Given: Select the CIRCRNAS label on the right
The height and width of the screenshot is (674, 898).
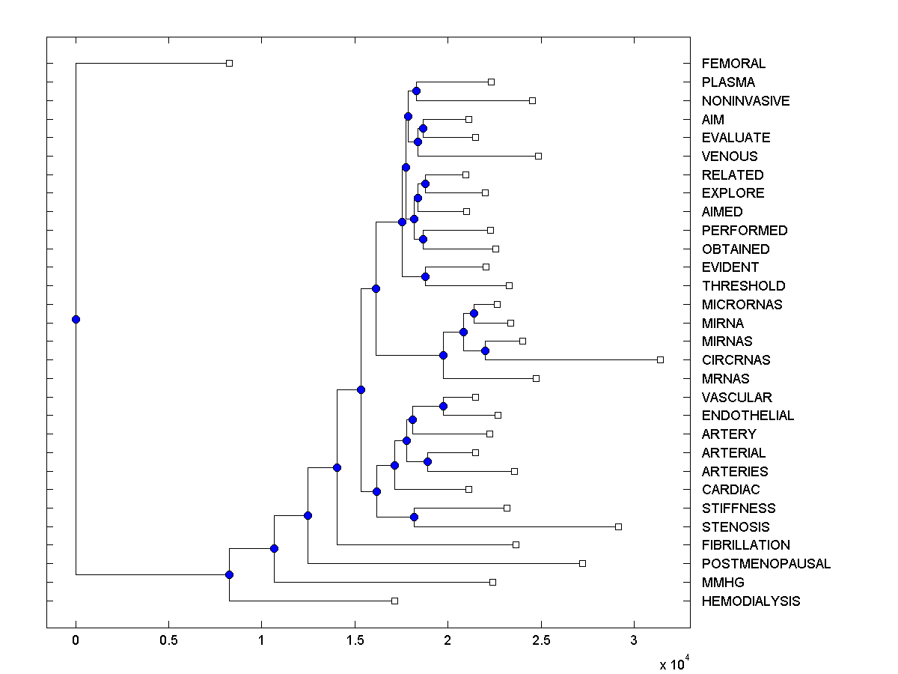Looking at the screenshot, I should pyautogui.click(x=736, y=359).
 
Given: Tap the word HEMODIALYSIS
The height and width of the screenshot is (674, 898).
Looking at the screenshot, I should pyautogui.click(x=751, y=601).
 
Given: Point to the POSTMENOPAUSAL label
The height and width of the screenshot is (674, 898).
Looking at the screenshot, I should pyautogui.click(x=766, y=564).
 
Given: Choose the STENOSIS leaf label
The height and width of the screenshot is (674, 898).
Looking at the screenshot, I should pyautogui.click(x=735, y=526).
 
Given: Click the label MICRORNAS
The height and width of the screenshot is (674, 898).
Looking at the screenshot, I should pyautogui.click(x=742, y=304).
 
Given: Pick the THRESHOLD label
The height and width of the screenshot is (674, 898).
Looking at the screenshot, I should pyautogui.click(x=743, y=286).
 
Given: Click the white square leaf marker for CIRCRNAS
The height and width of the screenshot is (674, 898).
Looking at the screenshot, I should pyautogui.click(x=660, y=359).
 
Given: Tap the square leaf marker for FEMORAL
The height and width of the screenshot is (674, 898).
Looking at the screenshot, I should pyautogui.click(x=230, y=63).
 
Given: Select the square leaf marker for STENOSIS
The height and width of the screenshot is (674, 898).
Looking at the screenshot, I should pyautogui.click(x=618, y=526).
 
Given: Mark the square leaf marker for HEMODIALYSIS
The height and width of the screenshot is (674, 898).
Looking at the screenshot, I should pyautogui.click(x=394, y=601).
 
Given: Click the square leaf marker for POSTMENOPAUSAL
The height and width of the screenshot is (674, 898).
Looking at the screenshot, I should pyautogui.click(x=582, y=563).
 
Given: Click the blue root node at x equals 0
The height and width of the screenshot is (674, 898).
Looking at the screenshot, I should pyautogui.click(x=76, y=319).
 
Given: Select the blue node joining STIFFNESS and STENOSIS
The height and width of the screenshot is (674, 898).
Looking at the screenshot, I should pyautogui.click(x=414, y=517).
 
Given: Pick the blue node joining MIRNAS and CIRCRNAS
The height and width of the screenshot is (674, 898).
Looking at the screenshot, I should pyautogui.click(x=485, y=350).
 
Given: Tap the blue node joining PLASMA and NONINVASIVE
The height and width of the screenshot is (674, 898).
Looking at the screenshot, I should pyautogui.click(x=416, y=91).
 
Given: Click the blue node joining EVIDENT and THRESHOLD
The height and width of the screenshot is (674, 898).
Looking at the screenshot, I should pyautogui.click(x=425, y=276).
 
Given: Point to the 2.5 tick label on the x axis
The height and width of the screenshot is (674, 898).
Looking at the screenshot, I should pyautogui.click(x=541, y=641).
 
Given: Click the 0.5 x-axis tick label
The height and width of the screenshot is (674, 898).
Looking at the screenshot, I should pyautogui.click(x=168, y=641).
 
